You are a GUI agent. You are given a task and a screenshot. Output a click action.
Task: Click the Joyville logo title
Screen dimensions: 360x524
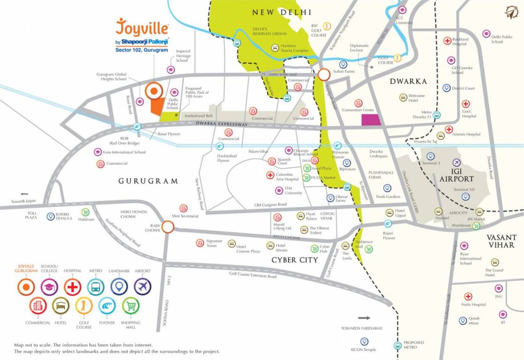click(142, 28)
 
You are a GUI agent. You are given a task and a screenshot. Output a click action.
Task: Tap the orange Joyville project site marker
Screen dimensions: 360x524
click(153, 91)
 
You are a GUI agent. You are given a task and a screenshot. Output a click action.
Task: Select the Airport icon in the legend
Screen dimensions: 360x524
click(142, 287)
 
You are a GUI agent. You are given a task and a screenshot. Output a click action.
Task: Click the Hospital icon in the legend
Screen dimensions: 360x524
click(73, 287)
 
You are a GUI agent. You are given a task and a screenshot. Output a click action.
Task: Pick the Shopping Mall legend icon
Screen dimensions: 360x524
click(131, 306)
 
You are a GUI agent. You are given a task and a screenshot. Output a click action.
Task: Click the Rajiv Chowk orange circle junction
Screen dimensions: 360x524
click(168, 227)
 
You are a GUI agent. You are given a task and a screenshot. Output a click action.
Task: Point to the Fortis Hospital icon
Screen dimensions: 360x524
click(468, 297)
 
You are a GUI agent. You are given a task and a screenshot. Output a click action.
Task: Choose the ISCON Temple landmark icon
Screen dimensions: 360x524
click(364, 342)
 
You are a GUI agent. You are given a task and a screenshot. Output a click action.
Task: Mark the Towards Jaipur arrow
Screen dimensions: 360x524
click(24, 194)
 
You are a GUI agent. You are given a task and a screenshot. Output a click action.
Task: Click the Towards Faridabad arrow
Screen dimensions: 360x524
click(364, 318)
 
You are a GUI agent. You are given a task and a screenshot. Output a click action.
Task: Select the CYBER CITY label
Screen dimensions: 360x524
click(291, 260)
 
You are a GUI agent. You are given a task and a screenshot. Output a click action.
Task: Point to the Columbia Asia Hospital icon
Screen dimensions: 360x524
click(270, 175)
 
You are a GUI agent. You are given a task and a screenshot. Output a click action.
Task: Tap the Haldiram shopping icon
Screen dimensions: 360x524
click(85, 212)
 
